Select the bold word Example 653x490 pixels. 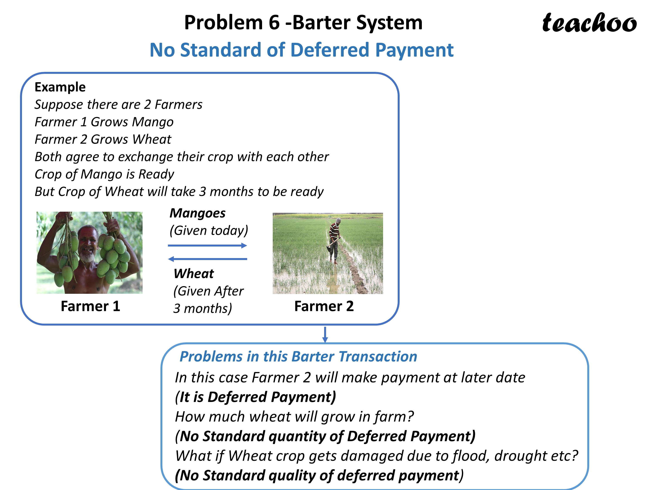click(60, 87)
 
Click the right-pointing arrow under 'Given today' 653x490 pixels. click(207, 245)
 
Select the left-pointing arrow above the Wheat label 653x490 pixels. click(207, 259)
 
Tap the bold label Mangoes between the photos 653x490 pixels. click(197, 213)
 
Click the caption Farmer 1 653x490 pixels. click(90, 306)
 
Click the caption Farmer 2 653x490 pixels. click(324, 306)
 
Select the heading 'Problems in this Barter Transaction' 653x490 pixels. click(298, 357)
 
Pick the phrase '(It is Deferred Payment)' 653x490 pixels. click(255, 397)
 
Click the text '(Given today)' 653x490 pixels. click(209, 231)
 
